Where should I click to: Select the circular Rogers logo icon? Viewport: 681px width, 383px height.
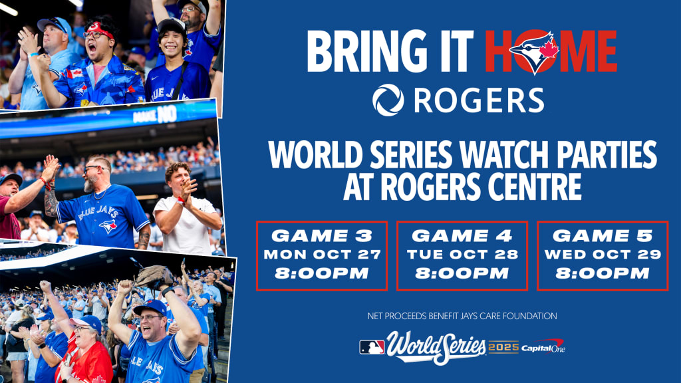coord(388,100)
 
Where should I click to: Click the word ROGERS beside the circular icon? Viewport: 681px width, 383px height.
coord(479,100)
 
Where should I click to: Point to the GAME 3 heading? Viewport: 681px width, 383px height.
coord(322,236)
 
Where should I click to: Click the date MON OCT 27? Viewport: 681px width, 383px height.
coord(322,254)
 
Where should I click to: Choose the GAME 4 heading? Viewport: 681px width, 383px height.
coord(462,236)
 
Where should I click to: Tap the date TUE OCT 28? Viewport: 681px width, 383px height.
coord(462,254)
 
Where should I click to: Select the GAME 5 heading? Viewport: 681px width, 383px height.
coord(603,236)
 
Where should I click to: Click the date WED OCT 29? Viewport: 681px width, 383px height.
coord(603,254)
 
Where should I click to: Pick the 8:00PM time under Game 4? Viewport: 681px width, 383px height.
coord(462,273)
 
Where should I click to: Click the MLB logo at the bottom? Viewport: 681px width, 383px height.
coord(372,347)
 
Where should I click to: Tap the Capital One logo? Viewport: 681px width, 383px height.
coord(543,346)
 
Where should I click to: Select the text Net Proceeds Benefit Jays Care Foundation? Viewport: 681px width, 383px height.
coord(462,316)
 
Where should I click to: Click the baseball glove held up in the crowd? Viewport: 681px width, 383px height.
coord(154,275)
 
